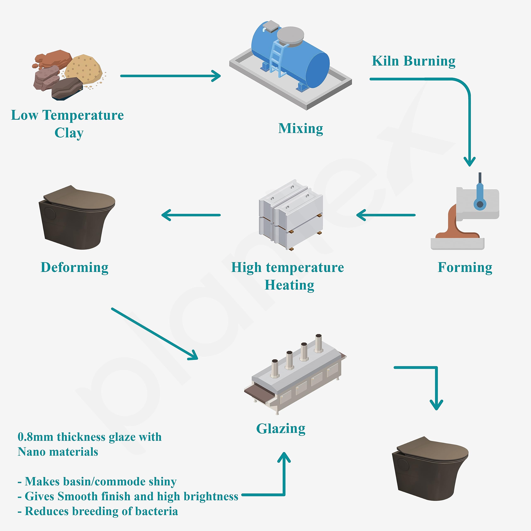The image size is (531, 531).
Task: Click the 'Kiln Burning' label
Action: [413, 61]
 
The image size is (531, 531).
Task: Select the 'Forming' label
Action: [465, 267]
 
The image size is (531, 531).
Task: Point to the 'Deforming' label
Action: [74, 267]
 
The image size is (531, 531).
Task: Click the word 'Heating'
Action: [289, 285]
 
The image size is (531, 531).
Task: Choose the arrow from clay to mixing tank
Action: [171, 76]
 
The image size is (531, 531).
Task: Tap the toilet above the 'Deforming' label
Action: [77, 217]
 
